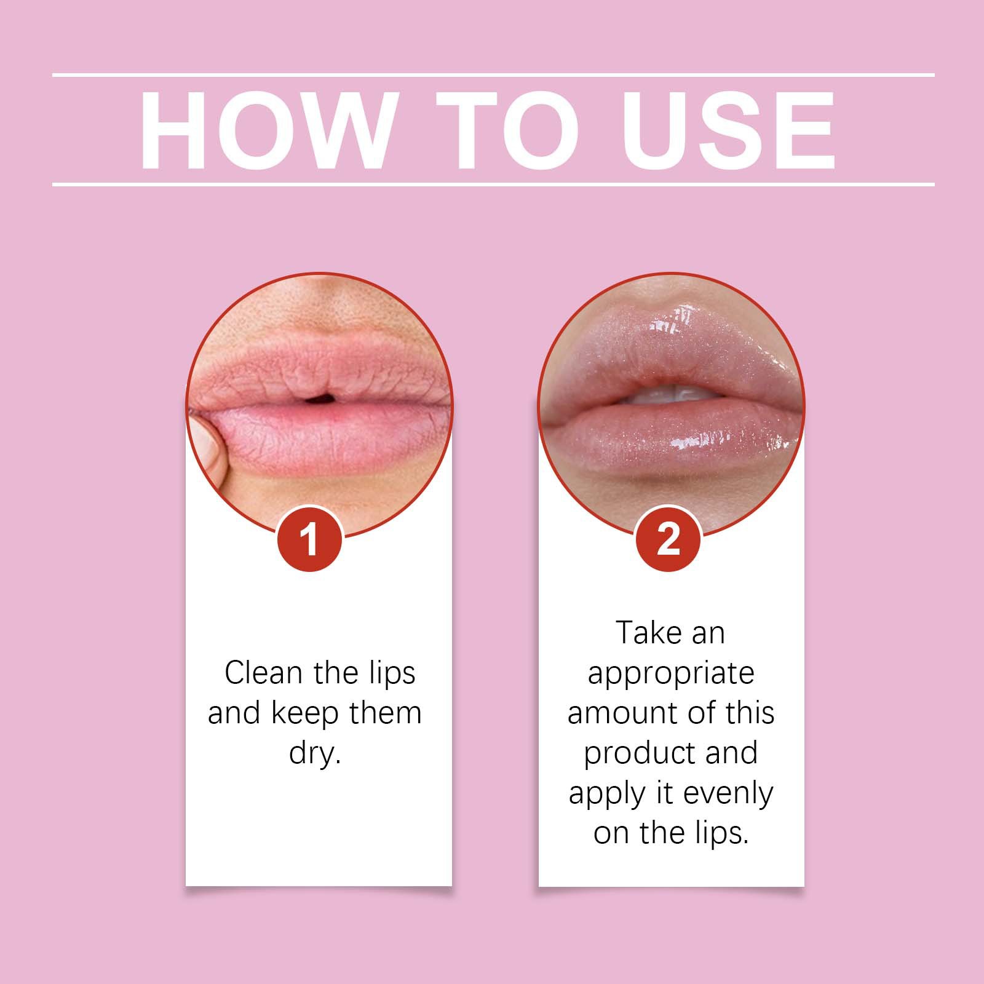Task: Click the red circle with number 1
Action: click(309, 539)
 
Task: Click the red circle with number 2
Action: click(668, 539)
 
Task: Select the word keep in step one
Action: click(305, 713)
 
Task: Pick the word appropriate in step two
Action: click(670, 674)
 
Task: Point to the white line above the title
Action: click(492, 75)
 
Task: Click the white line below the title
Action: click(492, 184)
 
